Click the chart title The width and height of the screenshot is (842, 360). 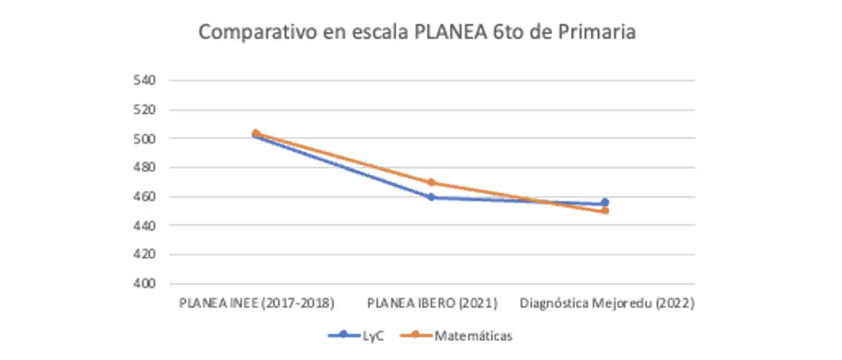click(417, 33)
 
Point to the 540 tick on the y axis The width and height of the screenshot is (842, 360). click(143, 80)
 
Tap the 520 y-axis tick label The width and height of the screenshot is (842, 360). click(143, 109)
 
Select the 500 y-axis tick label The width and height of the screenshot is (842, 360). click(143, 138)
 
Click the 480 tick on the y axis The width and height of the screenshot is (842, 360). click(143, 168)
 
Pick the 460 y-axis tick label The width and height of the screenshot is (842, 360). click(143, 197)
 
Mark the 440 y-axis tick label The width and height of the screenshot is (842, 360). click(143, 225)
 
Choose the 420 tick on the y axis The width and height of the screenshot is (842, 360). click(143, 254)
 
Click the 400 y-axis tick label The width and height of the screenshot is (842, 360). click(143, 283)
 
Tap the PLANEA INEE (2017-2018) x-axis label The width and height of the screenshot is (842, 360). click(256, 303)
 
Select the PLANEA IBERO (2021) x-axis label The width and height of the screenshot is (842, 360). click(432, 303)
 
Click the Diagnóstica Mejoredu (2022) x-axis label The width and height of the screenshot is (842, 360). click(606, 303)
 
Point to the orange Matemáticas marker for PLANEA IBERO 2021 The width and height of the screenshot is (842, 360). click(431, 182)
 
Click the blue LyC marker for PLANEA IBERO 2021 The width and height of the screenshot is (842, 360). click(431, 197)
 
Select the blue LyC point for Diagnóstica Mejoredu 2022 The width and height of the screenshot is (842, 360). click(605, 203)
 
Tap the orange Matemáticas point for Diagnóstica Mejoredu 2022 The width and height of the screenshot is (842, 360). click(605, 211)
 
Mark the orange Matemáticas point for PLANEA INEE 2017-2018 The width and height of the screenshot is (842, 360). click(256, 133)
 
